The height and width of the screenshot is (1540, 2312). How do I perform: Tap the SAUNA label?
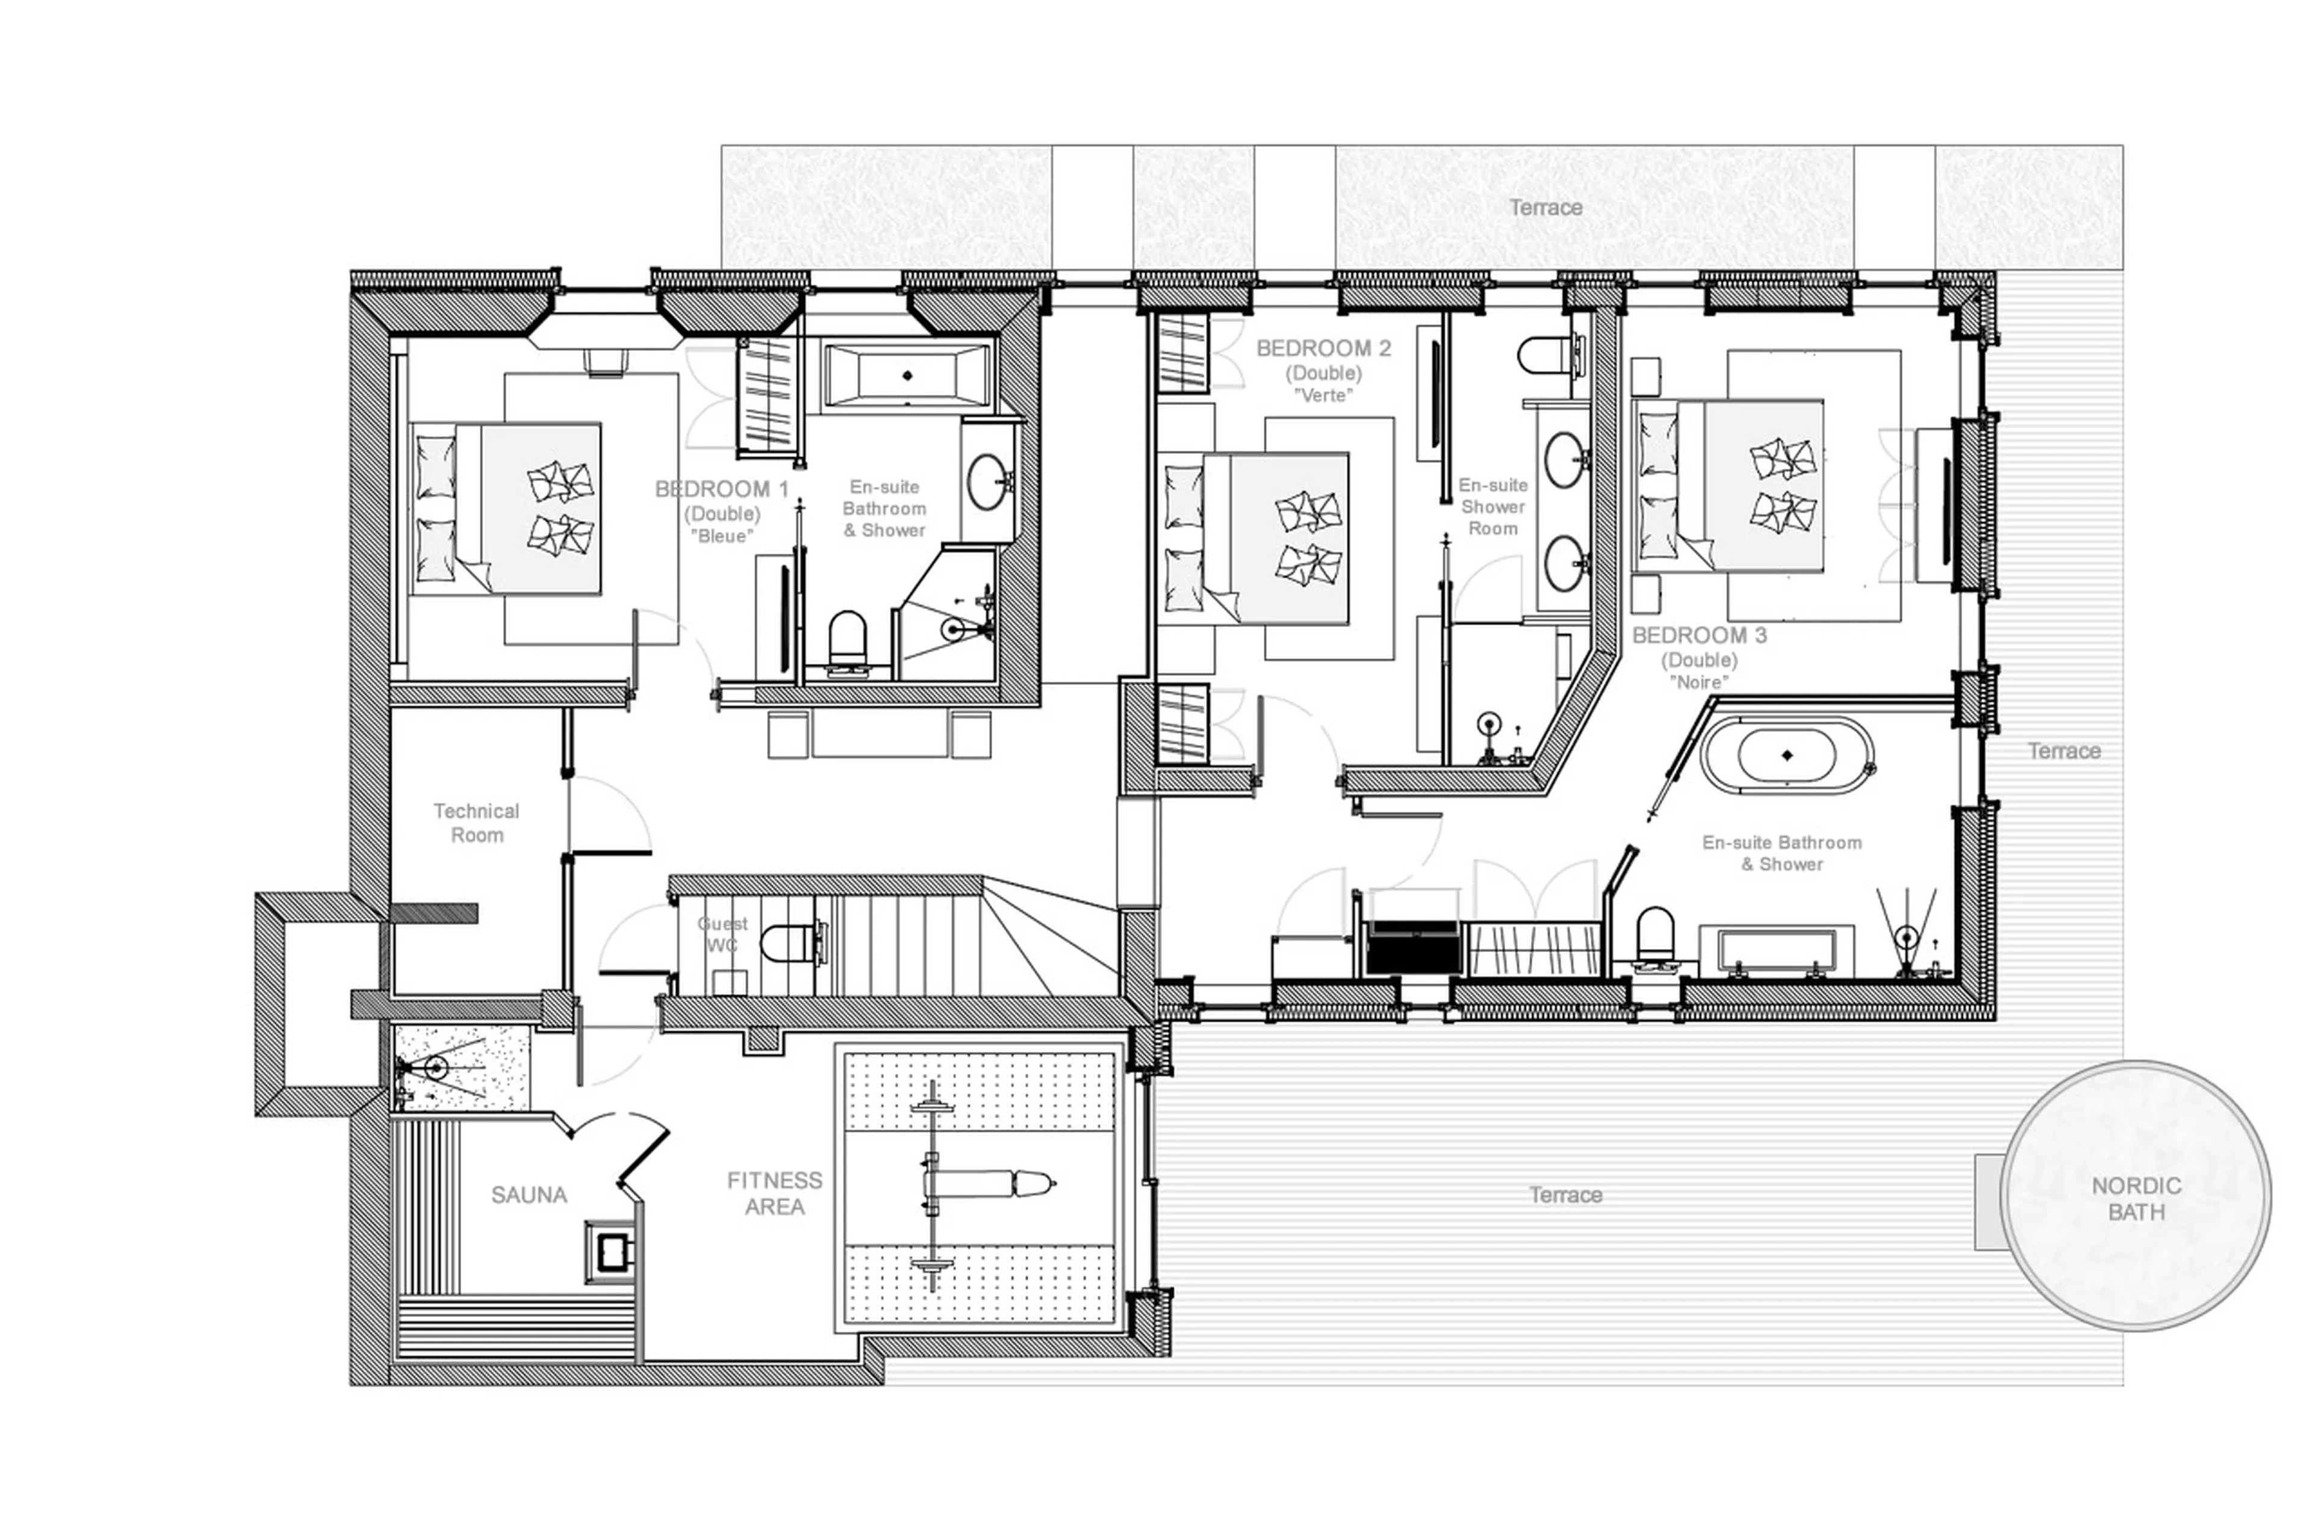point(529,1195)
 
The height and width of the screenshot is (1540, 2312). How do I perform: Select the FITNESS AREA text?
point(774,1193)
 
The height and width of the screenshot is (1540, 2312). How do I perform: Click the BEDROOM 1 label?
point(721,489)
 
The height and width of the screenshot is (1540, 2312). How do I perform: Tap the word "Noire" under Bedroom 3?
point(1699,682)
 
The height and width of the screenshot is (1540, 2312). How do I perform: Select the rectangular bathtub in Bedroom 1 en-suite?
point(906,375)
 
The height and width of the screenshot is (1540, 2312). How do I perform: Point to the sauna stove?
point(610,1251)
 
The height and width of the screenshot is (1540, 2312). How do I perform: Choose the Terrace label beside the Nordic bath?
point(1565,1195)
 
